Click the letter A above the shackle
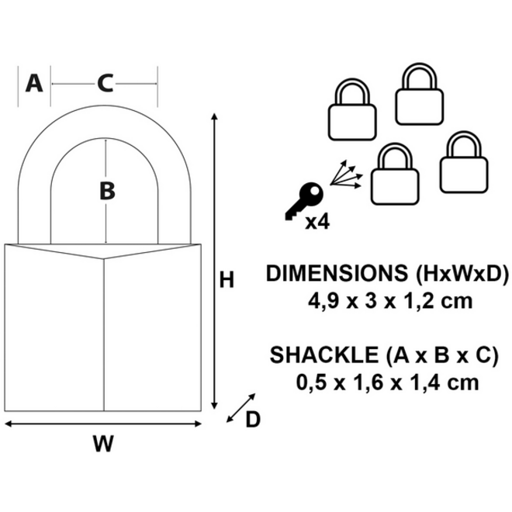[x=34, y=83]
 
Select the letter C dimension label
[x=106, y=84]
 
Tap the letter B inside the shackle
[x=107, y=191]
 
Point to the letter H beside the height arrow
[x=227, y=280]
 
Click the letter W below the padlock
[x=103, y=444]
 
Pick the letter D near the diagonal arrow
[x=253, y=419]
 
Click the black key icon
[x=304, y=201]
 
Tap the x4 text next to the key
[x=317, y=222]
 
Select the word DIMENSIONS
[x=337, y=273]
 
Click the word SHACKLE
[x=323, y=355]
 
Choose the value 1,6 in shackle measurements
[x=368, y=382]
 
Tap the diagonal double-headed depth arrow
[x=241, y=408]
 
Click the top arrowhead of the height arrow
[x=214, y=116]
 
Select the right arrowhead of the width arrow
[x=198, y=424]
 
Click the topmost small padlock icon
[x=419, y=94]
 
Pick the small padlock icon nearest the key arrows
[x=395, y=174]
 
